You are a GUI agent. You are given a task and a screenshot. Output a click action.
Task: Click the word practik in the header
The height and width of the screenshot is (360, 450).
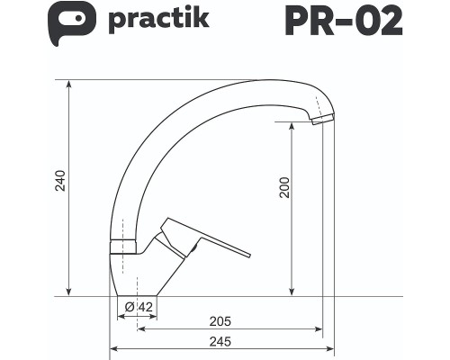click(158, 19)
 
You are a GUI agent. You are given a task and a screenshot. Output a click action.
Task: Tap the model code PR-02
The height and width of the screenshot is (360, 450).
click(343, 21)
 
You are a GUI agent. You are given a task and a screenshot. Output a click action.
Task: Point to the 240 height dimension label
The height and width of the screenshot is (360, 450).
click(60, 181)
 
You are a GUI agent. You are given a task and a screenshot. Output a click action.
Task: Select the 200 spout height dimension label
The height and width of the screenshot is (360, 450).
click(284, 187)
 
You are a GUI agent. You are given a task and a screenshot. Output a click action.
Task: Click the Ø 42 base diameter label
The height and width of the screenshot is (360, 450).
click(139, 307)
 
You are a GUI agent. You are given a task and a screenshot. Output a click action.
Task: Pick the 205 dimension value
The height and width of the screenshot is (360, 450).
click(220, 321)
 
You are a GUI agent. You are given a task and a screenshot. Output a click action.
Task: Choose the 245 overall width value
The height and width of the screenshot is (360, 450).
click(220, 341)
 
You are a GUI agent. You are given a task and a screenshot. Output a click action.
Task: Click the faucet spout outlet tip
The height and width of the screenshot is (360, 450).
click(323, 119)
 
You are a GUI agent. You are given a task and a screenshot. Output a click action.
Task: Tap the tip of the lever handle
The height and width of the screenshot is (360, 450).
click(248, 255)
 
